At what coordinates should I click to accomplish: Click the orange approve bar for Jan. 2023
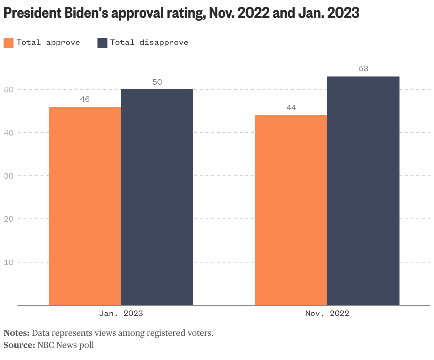coord(85,206)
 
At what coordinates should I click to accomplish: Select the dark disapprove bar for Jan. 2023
coord(157,197)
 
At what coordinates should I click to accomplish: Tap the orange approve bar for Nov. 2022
coord(291,210)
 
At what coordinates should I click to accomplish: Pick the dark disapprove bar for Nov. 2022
coord(363,191)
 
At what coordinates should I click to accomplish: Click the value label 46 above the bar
coord(85,99)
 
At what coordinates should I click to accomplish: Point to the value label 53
coord(363,69)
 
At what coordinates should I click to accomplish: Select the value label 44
coord(291,108)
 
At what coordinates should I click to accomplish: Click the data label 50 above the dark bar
coord(157,82)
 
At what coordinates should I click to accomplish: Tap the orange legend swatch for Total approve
coord(9,43)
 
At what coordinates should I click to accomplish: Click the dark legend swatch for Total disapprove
coord(102,43)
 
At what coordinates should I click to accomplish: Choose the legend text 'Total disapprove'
coord(149,43)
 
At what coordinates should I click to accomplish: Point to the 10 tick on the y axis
coord(9,262)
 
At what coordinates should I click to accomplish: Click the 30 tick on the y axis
coord(9,176)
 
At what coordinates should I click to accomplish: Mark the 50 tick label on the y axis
coord(9,89)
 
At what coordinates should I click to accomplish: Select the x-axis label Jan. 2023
coord(121,313)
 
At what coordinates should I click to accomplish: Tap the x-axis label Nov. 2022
coord(327,313)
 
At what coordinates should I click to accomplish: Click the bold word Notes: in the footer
coord(16,333)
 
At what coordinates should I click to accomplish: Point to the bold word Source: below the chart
coord(19,345)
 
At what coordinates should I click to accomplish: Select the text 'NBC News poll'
coord(65,345)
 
